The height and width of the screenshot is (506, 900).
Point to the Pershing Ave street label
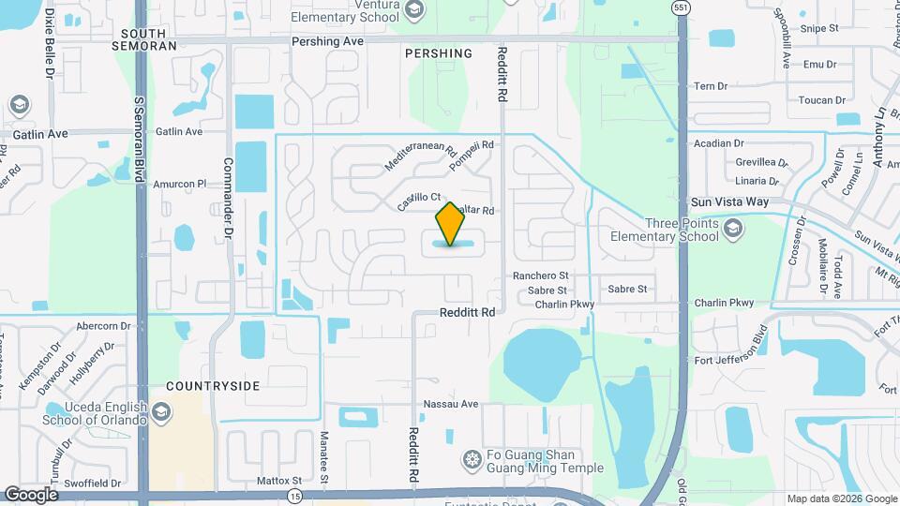(x=327, y=42)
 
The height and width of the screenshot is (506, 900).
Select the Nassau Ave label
(x=451, y=404)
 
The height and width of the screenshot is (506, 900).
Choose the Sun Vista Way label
(x=729, y=201)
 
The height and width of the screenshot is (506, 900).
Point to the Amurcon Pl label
(x=179, y=185)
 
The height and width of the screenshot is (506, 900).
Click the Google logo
(x=31, y=494)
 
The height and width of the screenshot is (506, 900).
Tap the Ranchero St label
(x=541, y=275)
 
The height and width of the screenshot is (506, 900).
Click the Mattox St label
(x=278, y=481)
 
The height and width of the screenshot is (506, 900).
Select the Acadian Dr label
(x=718, y=143)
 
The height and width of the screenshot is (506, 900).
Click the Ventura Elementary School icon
(x=414, y=9)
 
